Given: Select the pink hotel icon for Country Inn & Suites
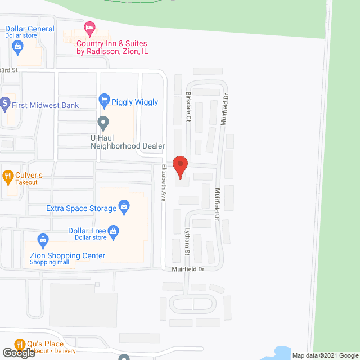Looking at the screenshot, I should tap(89, 28).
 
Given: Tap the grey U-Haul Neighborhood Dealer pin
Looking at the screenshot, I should tap(103, 122).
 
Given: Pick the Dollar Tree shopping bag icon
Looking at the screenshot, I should tap(114, 231).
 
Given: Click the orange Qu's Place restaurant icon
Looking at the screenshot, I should tap(20, 344).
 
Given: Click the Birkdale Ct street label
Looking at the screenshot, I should tap(190, 106).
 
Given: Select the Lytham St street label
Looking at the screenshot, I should tap(187, 242).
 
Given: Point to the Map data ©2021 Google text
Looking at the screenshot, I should tap(323, 355).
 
